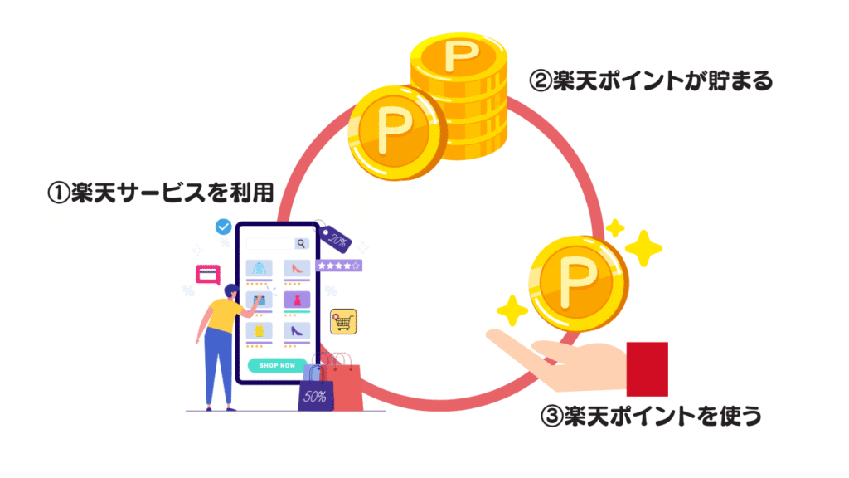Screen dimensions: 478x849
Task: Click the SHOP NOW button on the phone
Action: point(277,365)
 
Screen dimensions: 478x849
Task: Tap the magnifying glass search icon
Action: point(301,243)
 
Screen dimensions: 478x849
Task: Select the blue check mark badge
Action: point(223,227)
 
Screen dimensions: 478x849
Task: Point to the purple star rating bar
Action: point(338,266)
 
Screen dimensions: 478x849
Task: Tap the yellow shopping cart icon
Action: point(342,321)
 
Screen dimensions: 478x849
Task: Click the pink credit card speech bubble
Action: point(207,274)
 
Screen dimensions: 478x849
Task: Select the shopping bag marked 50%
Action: point(315,393)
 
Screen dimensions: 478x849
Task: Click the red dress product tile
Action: point(297,299)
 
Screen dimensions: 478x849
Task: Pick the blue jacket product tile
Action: point(259,268)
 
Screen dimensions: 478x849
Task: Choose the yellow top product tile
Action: point(259,330)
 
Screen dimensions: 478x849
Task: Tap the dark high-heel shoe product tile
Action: point(297,330)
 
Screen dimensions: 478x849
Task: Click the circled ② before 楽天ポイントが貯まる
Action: point(540,81)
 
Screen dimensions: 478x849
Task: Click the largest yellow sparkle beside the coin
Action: point(643,247)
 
